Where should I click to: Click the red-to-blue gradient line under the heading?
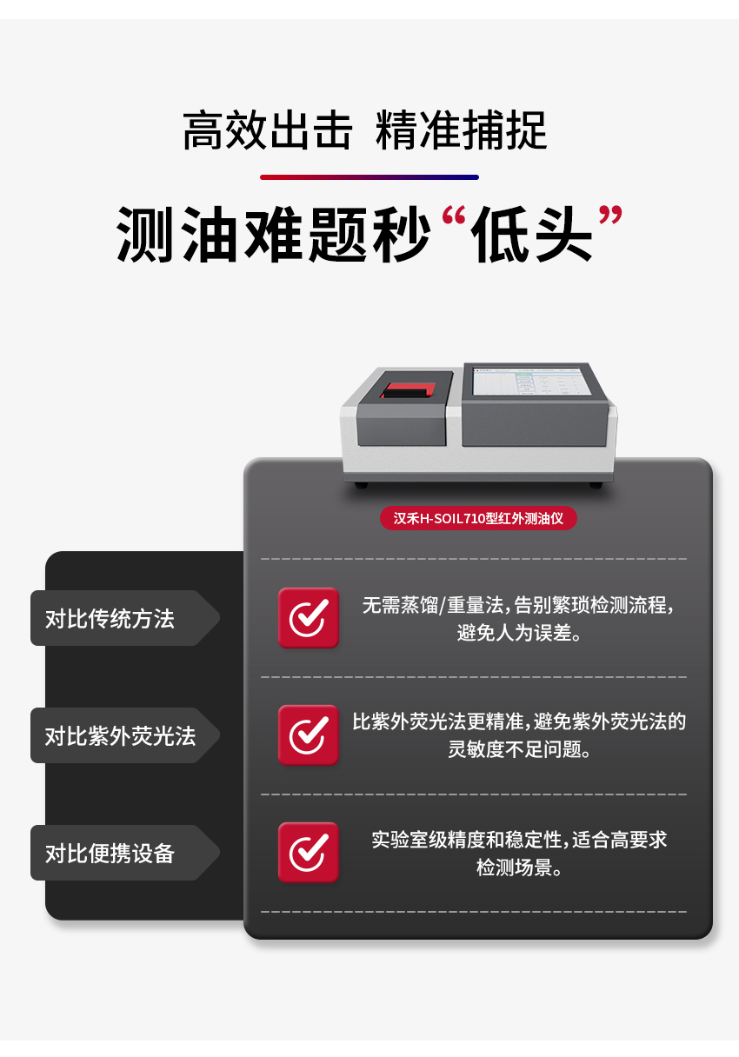pos(369,177)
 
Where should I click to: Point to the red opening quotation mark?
pos(452,220)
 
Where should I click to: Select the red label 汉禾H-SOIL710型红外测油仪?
pos(478,518)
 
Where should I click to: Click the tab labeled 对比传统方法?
pos(110,618)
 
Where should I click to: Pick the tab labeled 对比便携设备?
pos(110,853)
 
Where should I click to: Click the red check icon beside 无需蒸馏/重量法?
pos(308,617)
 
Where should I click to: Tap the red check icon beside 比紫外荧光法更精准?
pos(308,735)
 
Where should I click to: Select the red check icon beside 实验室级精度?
pos(308,852)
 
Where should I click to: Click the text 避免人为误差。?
pos(519,633)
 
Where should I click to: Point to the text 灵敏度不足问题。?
pos(519,749)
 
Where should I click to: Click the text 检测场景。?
pos(519,868)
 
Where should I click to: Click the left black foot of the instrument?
pos(361,484)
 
